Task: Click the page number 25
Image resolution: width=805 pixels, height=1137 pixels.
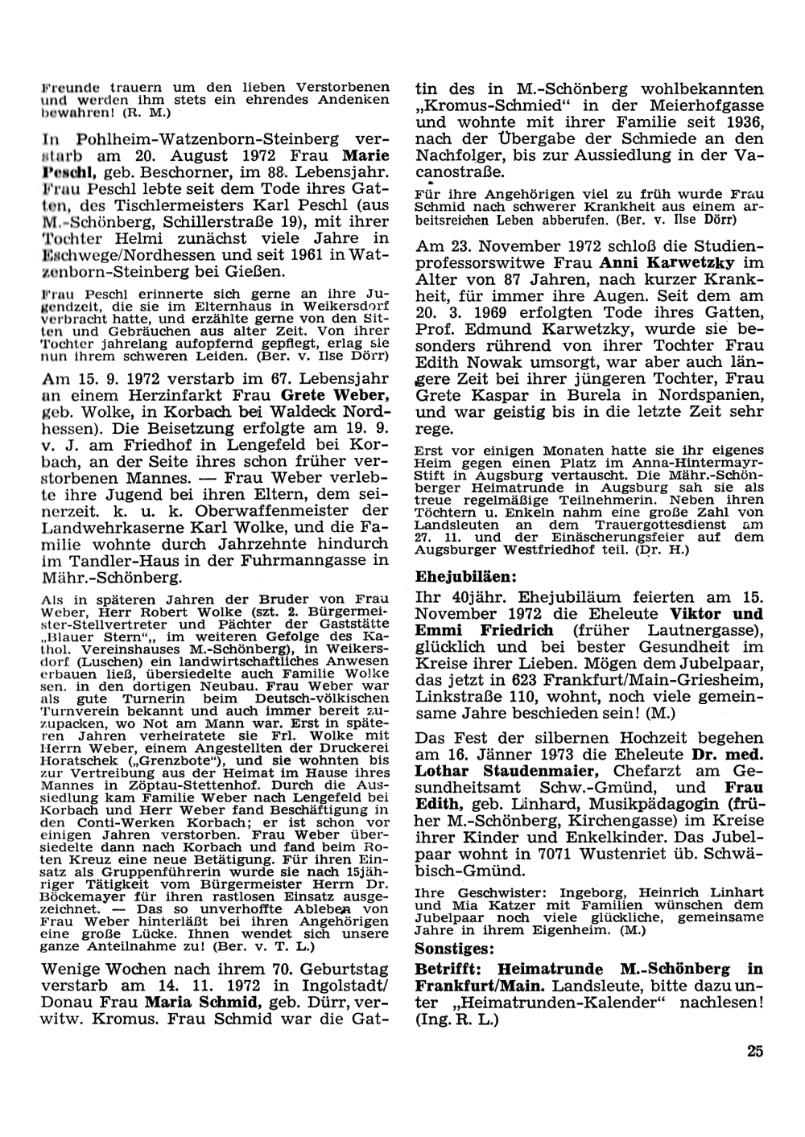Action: click(754, 1050)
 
